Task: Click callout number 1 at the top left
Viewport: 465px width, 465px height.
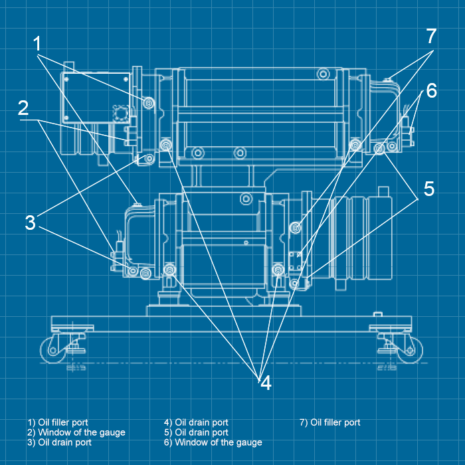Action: (x=37, y=45)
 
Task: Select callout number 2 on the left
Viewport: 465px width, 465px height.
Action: (x=23, y=108)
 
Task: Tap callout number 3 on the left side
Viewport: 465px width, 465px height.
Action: (x=30, y=223)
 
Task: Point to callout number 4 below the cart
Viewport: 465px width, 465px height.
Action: (x=264, y=383)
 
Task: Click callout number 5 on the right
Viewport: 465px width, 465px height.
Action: (x=428, y=189)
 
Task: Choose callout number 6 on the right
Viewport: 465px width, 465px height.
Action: (x=431, y=91)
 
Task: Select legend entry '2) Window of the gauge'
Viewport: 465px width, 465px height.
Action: (x=76, y=432)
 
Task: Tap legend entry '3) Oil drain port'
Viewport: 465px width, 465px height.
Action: (x=59, y=442)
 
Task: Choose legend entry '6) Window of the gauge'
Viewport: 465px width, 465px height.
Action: (x=213, y=442)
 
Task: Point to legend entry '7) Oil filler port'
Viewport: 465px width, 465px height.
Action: (x=329, y=422)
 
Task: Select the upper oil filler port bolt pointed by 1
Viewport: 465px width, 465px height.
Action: (x=148, y=102)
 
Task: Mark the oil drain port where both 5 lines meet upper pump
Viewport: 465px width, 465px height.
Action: (x=379, y=148)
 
